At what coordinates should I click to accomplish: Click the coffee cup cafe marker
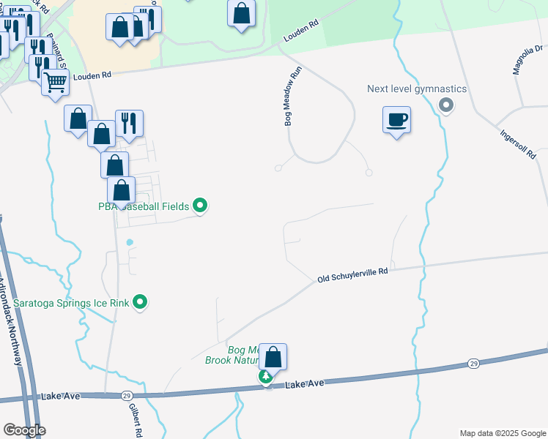click(396, 119)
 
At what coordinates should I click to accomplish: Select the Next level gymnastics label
click(417, 89)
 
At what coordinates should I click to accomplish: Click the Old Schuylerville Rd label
click(352, 274)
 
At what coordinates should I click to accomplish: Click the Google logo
click(24, 430)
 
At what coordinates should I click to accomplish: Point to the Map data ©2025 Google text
click(502, 433)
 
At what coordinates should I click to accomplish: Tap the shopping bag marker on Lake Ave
click(273, 357)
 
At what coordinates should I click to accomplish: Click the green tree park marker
click(265, 377)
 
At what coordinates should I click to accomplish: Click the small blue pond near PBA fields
click(130, 242)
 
